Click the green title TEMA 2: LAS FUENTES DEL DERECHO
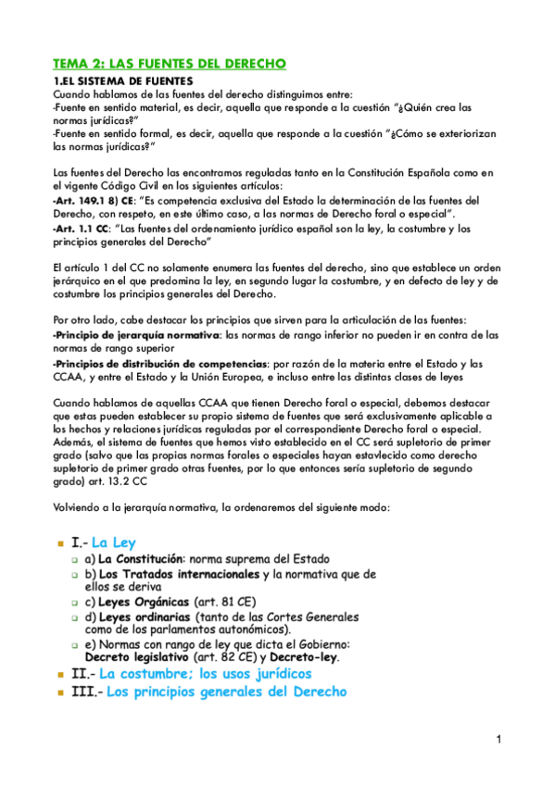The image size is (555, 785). click(x=170, y=64)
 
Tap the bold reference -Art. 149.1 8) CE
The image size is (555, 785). click(x=94, y=200)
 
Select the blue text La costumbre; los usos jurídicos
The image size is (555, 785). click(x=205, y=674)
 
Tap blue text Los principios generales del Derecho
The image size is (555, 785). click(x=226, y=692)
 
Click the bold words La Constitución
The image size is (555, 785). click(x=140, y=560)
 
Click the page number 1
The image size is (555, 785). click(x=498, y=739)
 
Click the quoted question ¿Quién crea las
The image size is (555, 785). click(x=424, y=106)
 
